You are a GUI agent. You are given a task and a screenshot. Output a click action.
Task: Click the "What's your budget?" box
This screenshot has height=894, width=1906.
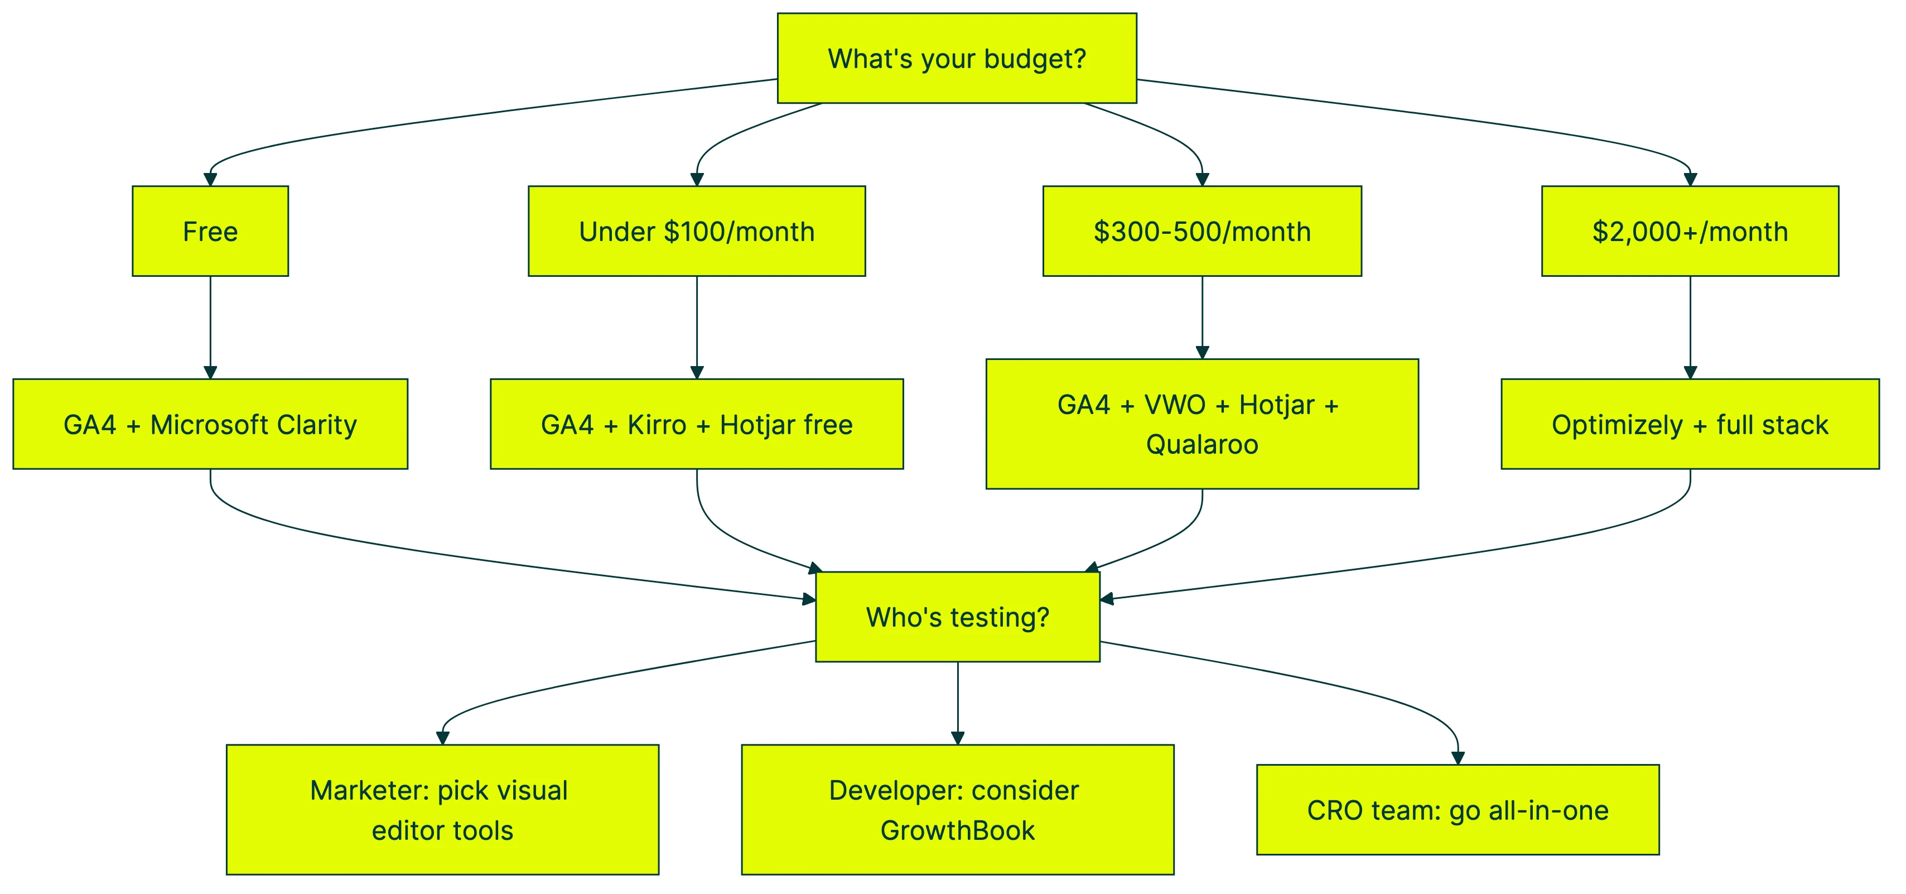click(956, 59)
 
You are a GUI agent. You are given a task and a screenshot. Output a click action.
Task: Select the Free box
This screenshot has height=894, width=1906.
click(210, 231)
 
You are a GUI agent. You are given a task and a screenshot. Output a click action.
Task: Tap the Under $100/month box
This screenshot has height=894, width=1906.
click(696, 231)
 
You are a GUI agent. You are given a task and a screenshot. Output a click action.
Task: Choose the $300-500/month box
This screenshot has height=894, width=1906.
click(1201, 231)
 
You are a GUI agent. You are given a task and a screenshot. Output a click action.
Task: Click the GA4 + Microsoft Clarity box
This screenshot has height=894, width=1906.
click(210, 424)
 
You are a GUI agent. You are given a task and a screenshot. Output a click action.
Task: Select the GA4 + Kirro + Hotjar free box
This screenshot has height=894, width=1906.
click(696, 424)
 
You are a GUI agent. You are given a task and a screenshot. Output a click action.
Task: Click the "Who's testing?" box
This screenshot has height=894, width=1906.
click(957, 617)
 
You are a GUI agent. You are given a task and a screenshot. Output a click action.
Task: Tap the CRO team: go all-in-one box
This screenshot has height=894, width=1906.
click(1458, 810)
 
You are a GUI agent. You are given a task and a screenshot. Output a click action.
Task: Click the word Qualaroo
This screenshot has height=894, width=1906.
click(1201, 444)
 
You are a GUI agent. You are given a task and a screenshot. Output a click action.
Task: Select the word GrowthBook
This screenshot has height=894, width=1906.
click(957, 830)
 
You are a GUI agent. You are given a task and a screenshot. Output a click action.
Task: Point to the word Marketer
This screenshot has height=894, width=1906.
click(369, 790)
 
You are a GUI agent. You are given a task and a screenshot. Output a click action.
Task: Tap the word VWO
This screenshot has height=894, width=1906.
click(1175, 405)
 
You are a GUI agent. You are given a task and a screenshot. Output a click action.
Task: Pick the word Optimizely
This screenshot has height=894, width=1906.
click(1617, 425)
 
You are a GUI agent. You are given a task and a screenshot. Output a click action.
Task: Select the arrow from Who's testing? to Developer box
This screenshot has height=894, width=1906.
click(957, 703)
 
